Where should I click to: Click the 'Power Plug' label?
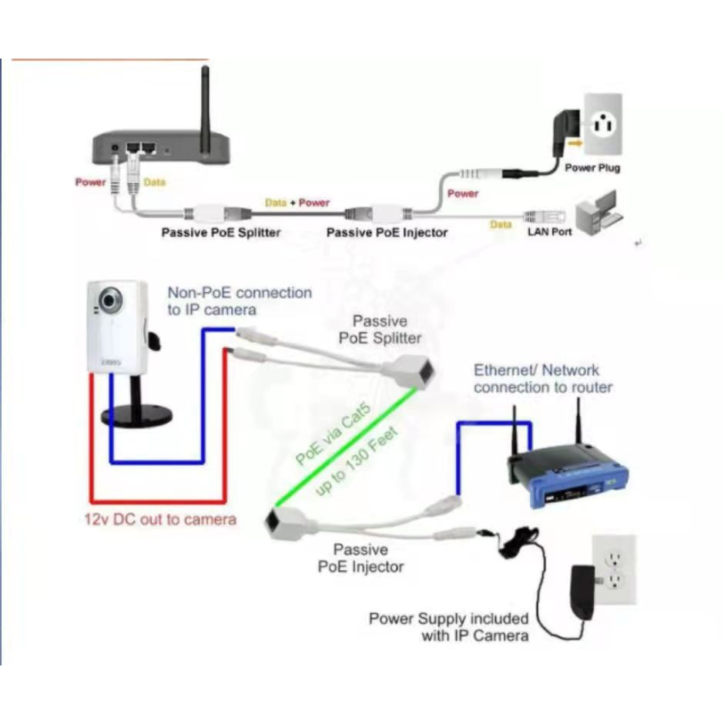(x=592, y=168)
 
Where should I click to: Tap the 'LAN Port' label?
(x=549, y=231)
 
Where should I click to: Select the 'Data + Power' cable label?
(x=297, y=203)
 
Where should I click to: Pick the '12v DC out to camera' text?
(x=160, y=520)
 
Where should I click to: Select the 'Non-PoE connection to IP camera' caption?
(x=240, y=301)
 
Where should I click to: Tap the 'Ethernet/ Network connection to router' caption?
(x=543, y=379)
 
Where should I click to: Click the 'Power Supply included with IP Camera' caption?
(x=449, y=627)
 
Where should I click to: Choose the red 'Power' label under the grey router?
(x=90, y=183)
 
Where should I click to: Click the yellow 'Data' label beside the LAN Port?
(x=501, y=224)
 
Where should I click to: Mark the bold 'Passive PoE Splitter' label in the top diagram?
(x=221, y=232)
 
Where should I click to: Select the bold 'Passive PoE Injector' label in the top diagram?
(x=387, y=232)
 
